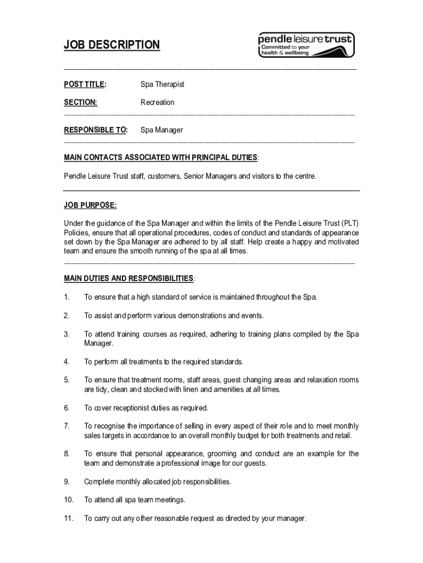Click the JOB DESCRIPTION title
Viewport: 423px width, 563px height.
[112, 45]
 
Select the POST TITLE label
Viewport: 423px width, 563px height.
[85, 84]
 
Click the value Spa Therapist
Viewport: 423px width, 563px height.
[162, 84]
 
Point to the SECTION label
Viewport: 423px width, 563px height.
[80, 102]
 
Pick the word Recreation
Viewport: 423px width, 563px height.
[157, 102]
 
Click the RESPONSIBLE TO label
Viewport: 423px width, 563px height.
[96, 130]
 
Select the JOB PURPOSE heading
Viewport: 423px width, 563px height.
[90, 205]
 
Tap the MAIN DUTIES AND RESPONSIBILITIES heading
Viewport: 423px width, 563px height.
[129, 278]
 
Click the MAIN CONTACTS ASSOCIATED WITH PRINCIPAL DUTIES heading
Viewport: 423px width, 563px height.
[160, 158]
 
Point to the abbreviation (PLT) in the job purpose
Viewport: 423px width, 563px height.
[350, 223]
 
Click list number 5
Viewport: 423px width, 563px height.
[66, 380]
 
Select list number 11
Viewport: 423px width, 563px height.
[68, 518]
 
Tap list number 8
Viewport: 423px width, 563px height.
[66, 454]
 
